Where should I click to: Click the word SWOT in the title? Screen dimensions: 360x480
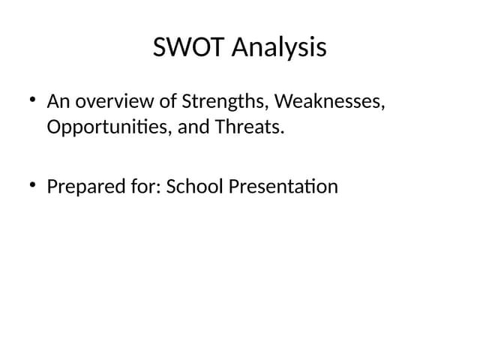[x=189, y=47]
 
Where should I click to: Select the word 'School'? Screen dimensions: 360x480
[x=195, y=186]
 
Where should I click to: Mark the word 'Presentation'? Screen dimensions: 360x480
[x=283, y=186]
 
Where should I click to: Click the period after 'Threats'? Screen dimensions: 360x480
[x=283, y=133]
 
